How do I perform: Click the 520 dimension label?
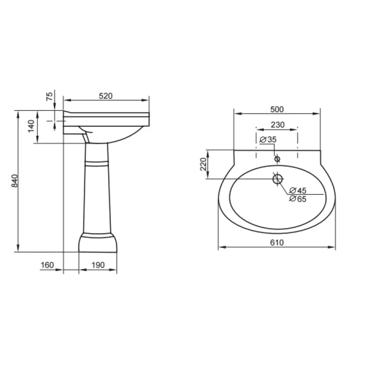(x=106, y=96)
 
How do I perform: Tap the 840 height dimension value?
(x=15, y=181)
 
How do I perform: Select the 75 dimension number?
(x=50, y=96)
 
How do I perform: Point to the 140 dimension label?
(x=31, y=126)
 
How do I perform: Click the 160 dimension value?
(x=47, y=265)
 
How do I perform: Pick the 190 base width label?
(x=98, y=265)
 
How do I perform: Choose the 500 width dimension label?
(x=277, y=109)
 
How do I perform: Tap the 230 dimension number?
(x=278, y=125)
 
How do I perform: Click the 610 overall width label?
(x=277, y=243)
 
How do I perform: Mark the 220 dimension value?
(x=203, y=164)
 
